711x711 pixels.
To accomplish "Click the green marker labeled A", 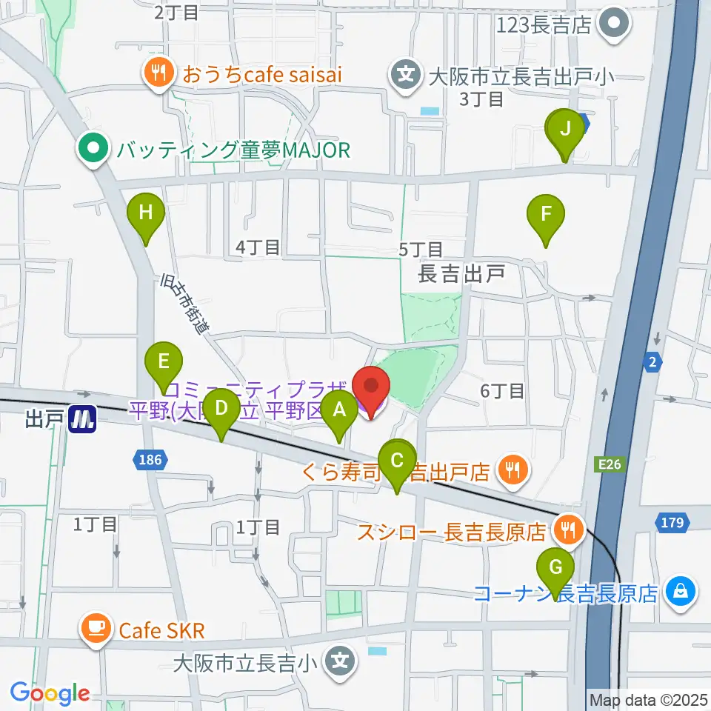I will (x=340, y=410).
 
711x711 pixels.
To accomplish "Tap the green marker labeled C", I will (x=398, y=461).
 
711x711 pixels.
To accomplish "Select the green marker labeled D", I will (x=221, y=408).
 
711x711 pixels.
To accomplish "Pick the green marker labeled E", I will (x=164, y=362).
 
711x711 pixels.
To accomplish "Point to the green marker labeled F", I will (x=546, y=216).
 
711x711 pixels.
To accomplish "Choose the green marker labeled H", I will (x=145, y=213).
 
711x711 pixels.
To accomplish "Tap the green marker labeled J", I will (x=565, y=130).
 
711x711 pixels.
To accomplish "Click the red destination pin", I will (x=370, y=387).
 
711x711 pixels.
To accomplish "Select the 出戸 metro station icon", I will (x=82, y=420).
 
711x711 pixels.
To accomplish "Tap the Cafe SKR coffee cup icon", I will (x=95, y=630).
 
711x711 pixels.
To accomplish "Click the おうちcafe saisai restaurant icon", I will (x=158, y=73).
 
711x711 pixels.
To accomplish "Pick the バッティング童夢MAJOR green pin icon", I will (x=94, y=150).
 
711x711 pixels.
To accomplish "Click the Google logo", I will (x=50, y=693).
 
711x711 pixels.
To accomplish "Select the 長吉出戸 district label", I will (x=461, y=275).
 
